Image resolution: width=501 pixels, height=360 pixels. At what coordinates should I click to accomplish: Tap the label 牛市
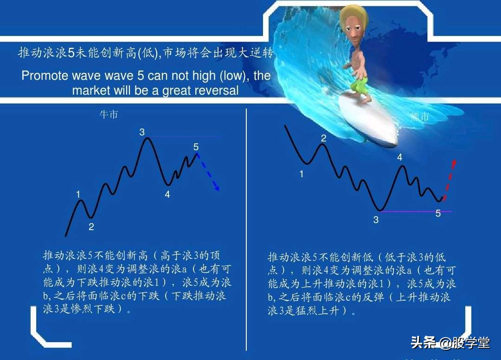coord(109,114)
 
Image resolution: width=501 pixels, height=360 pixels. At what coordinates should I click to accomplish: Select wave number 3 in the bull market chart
coord(142,132)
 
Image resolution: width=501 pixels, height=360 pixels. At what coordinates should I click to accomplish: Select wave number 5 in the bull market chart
coord(196,147)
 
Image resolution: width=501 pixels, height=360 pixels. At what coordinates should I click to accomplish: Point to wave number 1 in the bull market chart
coord(78,194)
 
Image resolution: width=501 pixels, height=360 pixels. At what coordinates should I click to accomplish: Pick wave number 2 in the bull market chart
coord(91,227)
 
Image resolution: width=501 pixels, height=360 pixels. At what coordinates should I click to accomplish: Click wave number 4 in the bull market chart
coord(167,195)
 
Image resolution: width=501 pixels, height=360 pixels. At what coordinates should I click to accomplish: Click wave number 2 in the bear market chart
coord(323,138)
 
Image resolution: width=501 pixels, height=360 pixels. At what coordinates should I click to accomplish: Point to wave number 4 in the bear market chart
coord(400,158)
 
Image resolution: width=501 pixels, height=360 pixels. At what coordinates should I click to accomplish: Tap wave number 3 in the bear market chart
coord(376,220)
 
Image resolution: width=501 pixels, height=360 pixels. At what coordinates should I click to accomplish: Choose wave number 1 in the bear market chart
coord(302,174)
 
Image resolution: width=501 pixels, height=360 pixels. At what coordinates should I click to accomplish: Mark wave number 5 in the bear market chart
coord(438,214)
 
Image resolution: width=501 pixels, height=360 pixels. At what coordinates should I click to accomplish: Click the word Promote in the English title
coord(44,76)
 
